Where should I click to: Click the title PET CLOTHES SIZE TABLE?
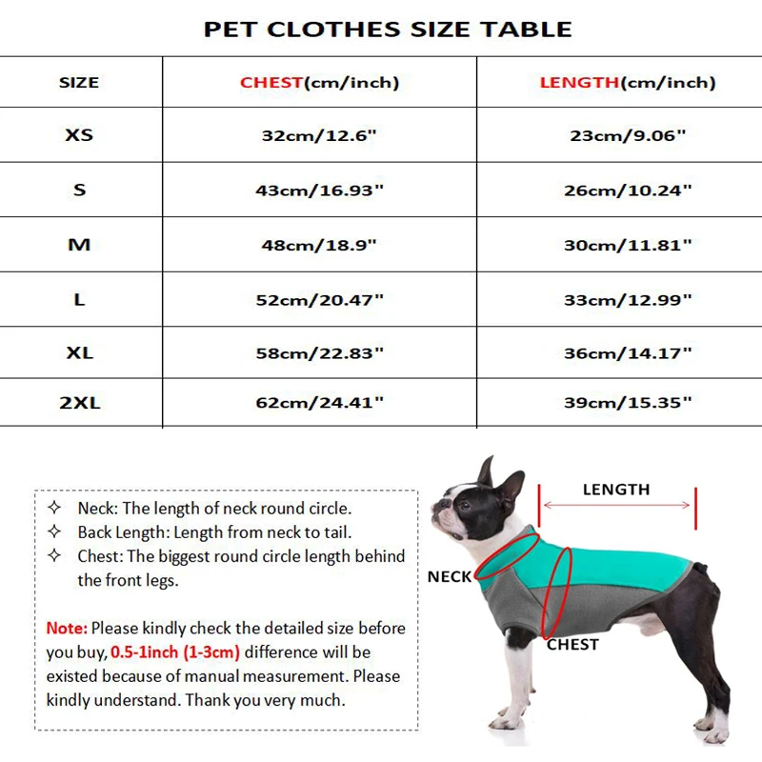388,30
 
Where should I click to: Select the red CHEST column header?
271,83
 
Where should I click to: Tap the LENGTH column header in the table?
579,83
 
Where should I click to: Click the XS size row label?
79,135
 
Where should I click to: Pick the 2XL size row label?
79,403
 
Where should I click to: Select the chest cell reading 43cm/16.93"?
319,190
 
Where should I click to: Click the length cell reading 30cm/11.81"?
627,245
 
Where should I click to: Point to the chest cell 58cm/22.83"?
319,353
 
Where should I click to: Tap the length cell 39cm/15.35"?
627,403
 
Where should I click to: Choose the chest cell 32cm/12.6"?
319,135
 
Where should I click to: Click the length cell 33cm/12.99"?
627,300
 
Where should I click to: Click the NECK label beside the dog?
450,577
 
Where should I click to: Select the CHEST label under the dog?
572,645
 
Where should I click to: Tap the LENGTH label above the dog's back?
616,490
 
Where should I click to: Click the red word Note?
67,629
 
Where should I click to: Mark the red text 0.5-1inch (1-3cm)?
174,653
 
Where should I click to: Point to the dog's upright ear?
487,471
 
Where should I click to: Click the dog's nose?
436,501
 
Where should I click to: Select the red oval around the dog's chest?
557,591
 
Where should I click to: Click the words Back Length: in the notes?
123,533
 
